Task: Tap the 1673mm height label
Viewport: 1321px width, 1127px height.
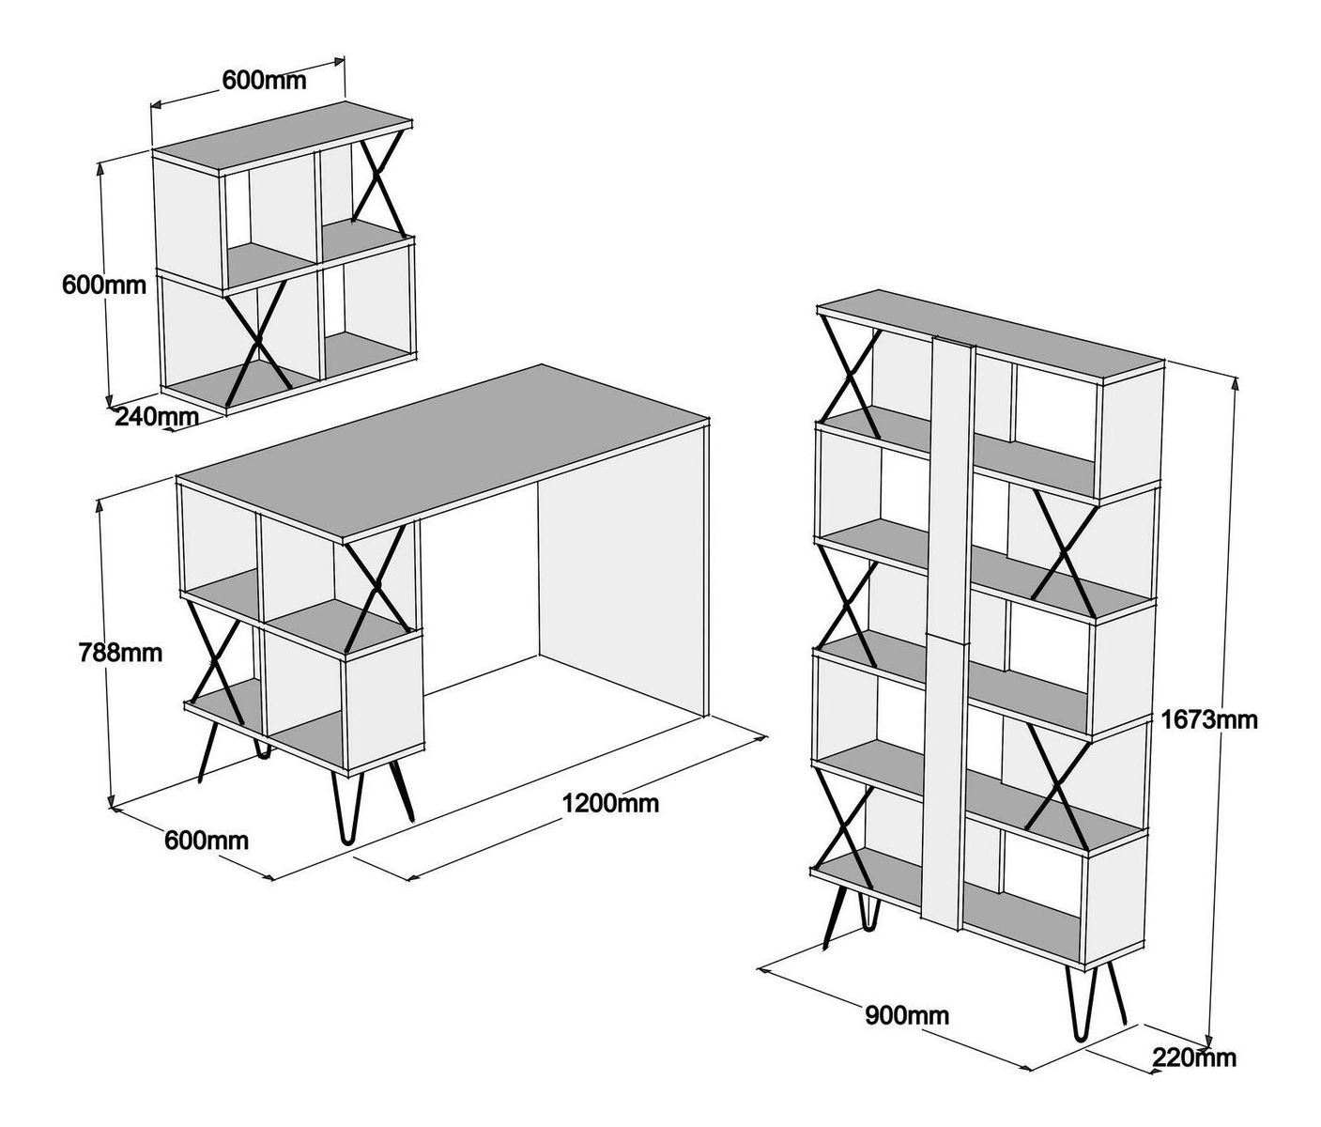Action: point(1209,720)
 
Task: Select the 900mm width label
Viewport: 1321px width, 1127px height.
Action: point(906,1015)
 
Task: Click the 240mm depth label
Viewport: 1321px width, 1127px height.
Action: point(156,416)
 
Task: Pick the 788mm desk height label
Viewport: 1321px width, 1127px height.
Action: point(119,652)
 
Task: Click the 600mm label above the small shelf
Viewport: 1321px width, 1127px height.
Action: point(264,80)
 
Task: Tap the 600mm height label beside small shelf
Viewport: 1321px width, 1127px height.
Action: point(103,285)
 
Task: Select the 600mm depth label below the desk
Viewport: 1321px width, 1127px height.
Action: point(207,840)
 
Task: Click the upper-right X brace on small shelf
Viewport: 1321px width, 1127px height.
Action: point(379,182)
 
